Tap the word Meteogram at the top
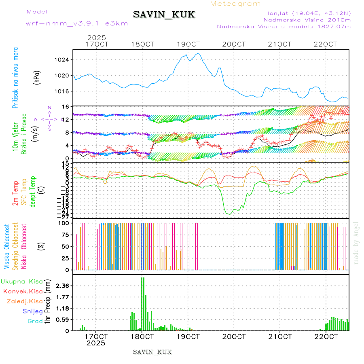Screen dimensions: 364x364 (x=235, y=4)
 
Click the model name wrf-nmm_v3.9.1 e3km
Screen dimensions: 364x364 (x=77, y=23)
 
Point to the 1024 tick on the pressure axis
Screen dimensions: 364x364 (x=62, y=60)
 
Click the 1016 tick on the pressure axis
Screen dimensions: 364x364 (x=62, y=91)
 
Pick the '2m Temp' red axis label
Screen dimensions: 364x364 (x=15, y=193)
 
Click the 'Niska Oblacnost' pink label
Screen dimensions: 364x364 (x=24, y=247)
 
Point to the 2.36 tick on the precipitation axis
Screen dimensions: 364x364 (x=62, y=286)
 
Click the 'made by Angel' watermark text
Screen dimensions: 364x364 (x=356, y=243)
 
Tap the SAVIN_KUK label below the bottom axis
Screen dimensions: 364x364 (x=152, y=352)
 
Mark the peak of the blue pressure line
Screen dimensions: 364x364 (x=198, y=53)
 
